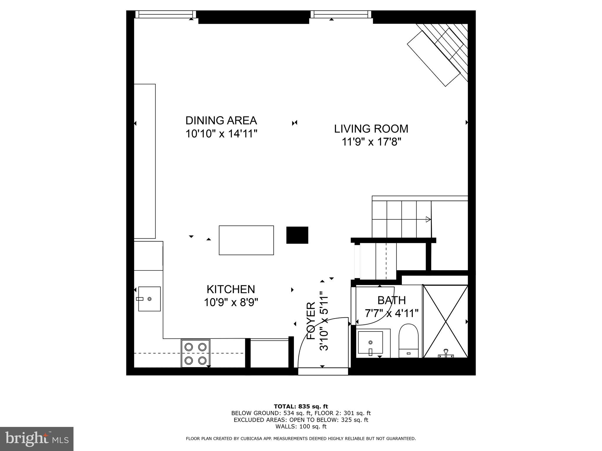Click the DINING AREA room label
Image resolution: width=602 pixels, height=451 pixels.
pyautogui.click(x=221, y=121)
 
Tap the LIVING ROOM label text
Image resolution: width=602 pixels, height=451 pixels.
pyautogui.click(x=371, y=129)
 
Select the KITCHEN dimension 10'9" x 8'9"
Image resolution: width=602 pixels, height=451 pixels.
pyautogui.click(x=231, y=302)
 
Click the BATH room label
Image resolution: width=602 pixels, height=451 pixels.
pyautogui.click(x=392, y=300)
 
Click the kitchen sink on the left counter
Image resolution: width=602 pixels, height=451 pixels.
pyautogui.click(x=149, y=299)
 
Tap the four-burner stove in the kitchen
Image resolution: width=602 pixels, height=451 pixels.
pyautogui.click(x=195, y=353)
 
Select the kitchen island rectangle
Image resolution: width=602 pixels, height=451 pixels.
pyautogui.click(x=246, y=240)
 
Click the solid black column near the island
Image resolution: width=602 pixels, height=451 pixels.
pyautogui.click(x=297, y=235)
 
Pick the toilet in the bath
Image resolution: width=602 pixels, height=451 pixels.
pyautogui.click(x=409, y=341)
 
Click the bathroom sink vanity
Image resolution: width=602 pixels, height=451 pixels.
pyautogui.click(x=370, y=343)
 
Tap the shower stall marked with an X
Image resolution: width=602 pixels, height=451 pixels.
pyautogui.click(x=445, y=321)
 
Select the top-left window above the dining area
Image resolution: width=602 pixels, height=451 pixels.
pyautogui.click(x=165, y=14)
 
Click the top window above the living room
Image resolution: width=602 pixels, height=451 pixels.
pyautogui.click(x=341, y=14)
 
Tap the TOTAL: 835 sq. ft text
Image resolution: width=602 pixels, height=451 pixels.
pyautogui.click(x=301, y=406)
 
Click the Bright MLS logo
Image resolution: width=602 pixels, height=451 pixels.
pyautogui.click(x=37, y=439)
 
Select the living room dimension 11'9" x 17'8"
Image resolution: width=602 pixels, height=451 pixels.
pyautogui.click(x=371, y=142)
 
